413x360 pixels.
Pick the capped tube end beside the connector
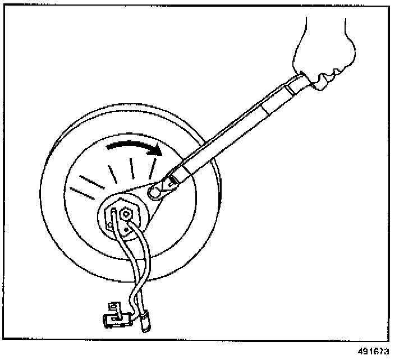pyautogui.click(x=146, y=324)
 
